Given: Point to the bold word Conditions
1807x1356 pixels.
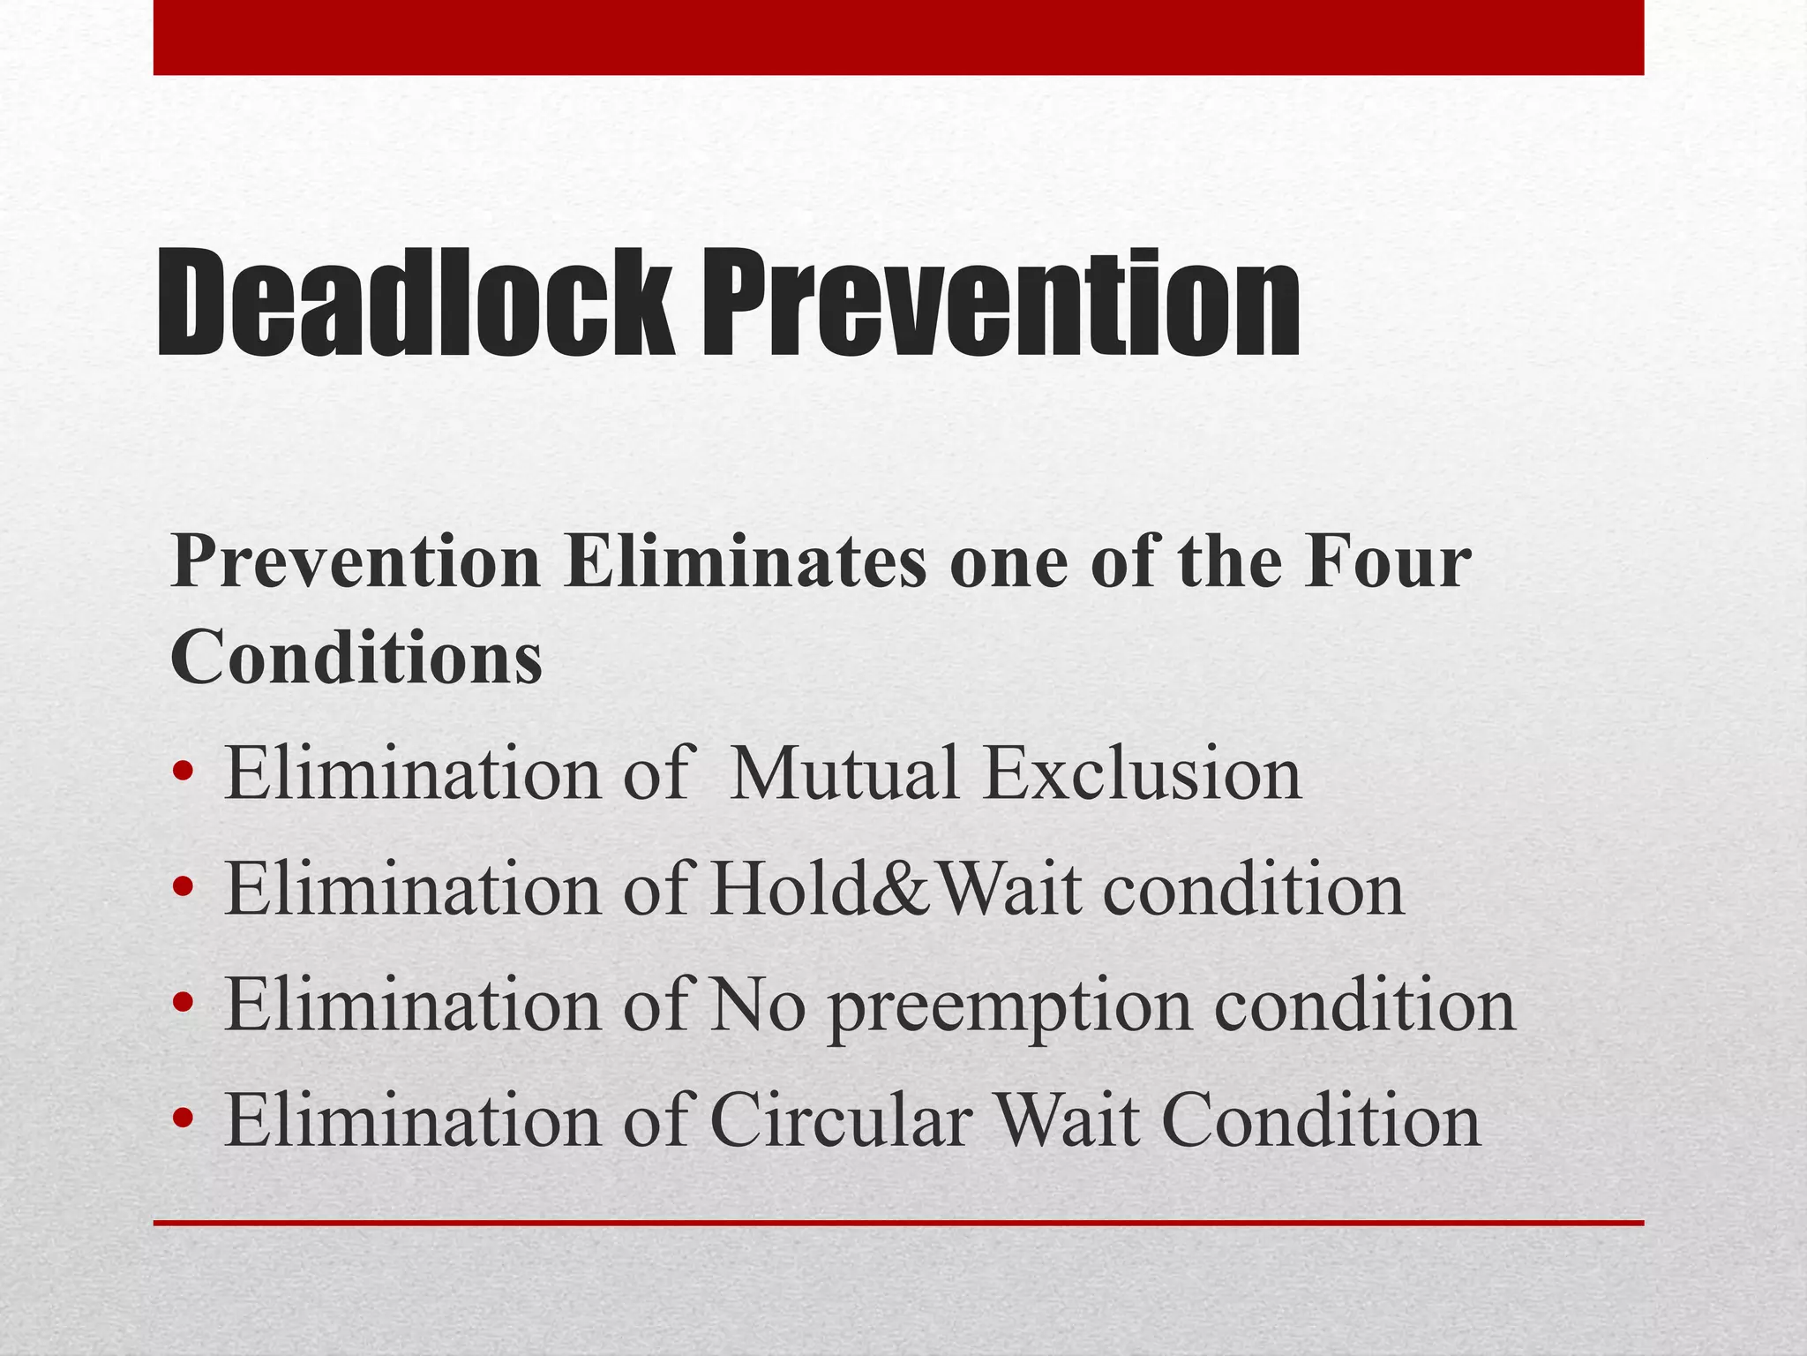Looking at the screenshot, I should (356, 657).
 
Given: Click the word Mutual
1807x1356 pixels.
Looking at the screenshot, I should (844, 773).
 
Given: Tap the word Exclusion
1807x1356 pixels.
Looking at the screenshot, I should (1143, 773).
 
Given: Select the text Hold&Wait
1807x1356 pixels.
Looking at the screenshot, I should (896, 889).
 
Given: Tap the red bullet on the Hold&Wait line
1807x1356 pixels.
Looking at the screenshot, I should (184, 890).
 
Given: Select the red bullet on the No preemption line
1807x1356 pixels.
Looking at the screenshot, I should (184, 1006).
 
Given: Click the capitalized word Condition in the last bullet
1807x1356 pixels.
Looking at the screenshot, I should (1325, 1120).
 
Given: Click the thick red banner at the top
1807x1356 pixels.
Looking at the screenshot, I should (898, 37).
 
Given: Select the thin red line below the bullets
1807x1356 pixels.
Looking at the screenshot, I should (898, 1223).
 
